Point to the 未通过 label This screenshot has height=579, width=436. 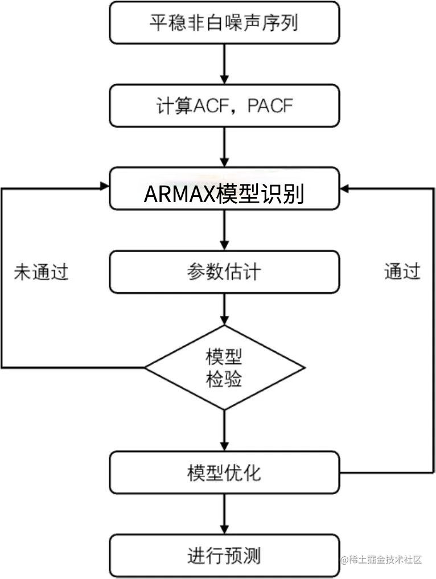[41, 272]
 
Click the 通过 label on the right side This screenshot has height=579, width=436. [402, 272]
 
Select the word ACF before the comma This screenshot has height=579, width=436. [209, 106]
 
